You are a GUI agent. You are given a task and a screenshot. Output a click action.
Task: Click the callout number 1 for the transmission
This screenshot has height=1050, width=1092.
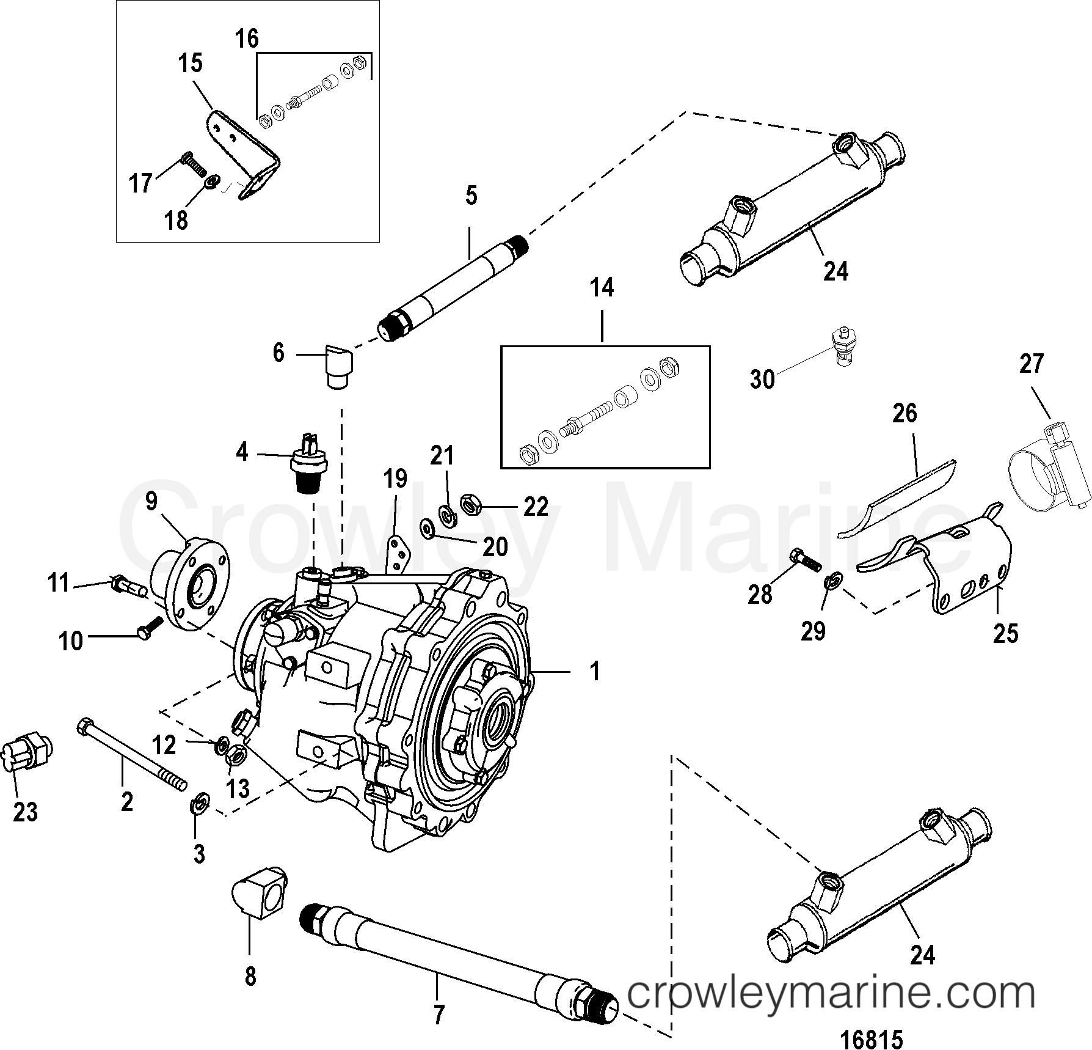click(x=594, y=672)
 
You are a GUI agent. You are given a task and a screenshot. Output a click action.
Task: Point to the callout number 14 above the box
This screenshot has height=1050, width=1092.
click(x=602, y=288)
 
